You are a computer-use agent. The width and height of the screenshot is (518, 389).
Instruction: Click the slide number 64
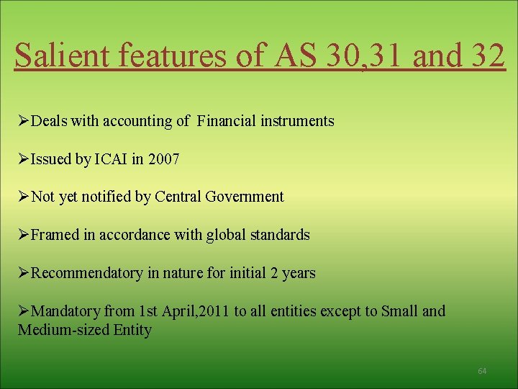(x=482, y=371)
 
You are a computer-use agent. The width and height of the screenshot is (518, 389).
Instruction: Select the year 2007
(x=163, y=159)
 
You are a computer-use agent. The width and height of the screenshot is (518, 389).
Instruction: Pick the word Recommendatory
(x=87, y=273)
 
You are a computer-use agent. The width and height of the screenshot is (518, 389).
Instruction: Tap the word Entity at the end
(x=132, y=331)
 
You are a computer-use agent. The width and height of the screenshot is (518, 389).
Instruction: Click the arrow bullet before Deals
(x=24, y=121)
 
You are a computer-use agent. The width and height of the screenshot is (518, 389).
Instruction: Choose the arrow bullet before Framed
(x=24, y=235)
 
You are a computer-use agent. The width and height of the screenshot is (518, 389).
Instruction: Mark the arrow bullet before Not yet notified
(x=24, y=197)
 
